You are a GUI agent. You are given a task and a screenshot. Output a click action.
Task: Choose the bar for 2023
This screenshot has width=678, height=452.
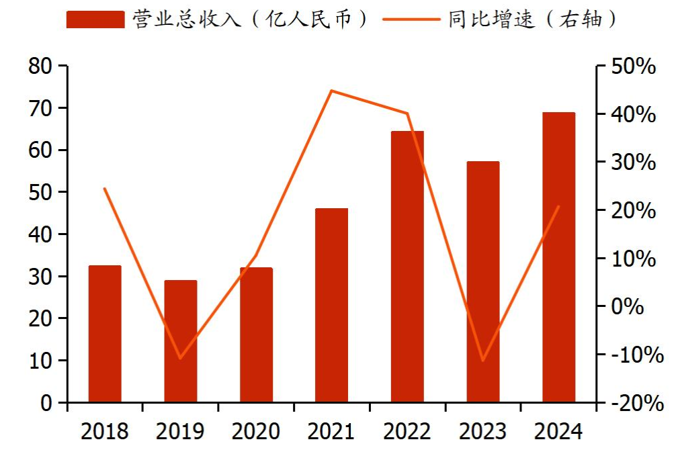click(483, 282)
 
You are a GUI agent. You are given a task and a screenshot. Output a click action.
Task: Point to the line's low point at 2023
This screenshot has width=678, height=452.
click(483, 361)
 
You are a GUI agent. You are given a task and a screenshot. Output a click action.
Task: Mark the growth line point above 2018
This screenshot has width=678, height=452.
click(105, 189)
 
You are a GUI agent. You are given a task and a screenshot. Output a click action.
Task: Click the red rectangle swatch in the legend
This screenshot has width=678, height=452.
click(95, 19)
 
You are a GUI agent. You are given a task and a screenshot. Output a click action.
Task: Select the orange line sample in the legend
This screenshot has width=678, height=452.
click(411, 19)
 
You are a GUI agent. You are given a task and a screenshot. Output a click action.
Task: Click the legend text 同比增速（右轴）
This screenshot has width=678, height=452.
click(532, 19)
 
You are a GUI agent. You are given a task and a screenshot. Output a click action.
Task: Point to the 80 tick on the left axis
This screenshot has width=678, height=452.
click(40, 66)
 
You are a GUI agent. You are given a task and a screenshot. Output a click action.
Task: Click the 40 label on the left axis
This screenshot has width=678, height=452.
click(40, 234)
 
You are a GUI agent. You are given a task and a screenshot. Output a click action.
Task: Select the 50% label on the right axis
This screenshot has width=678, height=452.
click(635, 66)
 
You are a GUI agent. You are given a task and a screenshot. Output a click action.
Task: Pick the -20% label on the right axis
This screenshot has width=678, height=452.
click(635, 403)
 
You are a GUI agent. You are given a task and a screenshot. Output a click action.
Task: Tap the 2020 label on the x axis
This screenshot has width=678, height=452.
click(256, 431)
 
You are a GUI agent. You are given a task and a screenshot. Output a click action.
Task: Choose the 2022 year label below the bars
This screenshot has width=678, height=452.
click(407, 431)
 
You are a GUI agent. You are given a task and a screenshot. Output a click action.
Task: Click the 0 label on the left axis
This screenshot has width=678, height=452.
click(46, 403)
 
